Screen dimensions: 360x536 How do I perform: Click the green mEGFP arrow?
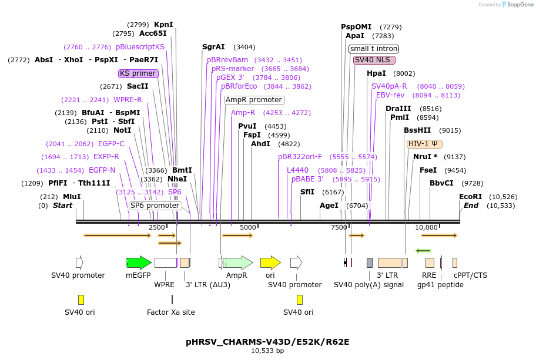click(x=139, y=263)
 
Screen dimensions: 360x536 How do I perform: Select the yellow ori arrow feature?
click(x=270, y=263)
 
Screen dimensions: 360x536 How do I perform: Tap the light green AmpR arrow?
click(x=237, y=263)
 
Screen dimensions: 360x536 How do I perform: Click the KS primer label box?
click(x=138, y=73)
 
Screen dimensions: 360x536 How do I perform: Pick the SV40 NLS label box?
click(x=374, y=60)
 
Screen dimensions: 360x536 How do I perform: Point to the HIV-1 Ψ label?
click(x=424, y=143)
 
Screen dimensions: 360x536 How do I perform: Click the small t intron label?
click(x=374, y=49)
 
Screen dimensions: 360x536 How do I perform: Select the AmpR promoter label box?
click(x=254, y=100)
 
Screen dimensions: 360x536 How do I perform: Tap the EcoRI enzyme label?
click(x=470, y=197)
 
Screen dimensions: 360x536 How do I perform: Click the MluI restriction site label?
click(x=72, y=197)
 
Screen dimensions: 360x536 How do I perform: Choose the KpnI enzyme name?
click(x=163, y=25)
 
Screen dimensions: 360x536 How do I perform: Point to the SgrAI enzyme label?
click(x=213, y=47)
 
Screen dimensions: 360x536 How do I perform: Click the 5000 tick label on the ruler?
click(x=248, y=227)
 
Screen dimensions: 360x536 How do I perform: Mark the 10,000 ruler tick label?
click(x=427, y=227)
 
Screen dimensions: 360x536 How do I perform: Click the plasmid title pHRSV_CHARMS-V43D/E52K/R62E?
click(x=267, y=341)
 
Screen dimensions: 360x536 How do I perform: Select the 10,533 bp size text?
click(x=267, y=351)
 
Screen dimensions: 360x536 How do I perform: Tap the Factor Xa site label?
click(x=170, y=312)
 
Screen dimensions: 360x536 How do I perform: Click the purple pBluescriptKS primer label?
click(x=140, y=47)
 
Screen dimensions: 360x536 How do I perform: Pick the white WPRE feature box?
click(x=165, y=263)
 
